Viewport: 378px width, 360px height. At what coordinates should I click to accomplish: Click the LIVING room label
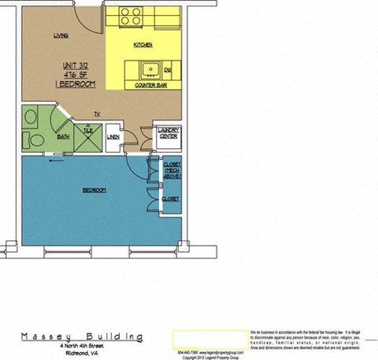click(x=61, y=35)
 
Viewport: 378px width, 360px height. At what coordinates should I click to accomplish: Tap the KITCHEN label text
click(x=143, y=44)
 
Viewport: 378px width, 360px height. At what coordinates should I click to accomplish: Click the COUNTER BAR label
click(x=148, y=84)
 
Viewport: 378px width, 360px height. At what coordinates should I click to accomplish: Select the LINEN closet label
click(x=113, y=137)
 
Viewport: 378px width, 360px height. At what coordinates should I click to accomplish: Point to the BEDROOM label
click(x=94, y=191)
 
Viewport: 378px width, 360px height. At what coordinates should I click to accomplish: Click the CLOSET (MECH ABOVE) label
click(x=172, y=171)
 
